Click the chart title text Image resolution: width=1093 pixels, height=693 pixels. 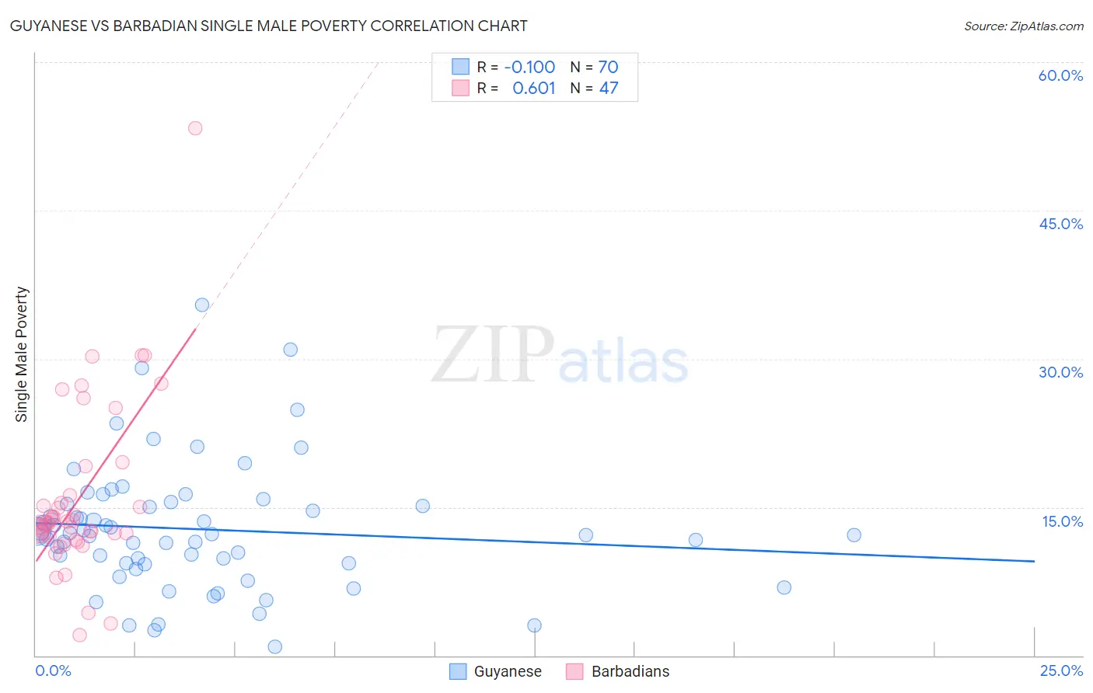268,26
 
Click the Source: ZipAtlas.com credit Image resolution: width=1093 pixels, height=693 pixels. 1023,26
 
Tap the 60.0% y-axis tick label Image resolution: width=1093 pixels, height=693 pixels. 1060,75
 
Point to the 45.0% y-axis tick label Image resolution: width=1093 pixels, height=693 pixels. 1060,224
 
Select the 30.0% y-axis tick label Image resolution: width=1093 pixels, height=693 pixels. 1060,372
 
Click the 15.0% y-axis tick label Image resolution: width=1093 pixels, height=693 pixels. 1062,521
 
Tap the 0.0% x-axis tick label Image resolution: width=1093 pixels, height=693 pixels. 53,670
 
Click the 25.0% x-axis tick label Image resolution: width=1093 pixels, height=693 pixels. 1061,670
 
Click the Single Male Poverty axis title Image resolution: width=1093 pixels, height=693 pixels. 22,354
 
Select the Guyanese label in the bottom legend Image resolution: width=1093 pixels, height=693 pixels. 508,671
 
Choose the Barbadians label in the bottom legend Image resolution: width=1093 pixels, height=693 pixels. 630,671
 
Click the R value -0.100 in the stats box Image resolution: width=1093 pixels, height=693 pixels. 529,68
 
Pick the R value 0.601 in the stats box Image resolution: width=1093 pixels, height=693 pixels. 533,89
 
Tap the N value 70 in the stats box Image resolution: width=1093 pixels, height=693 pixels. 608,68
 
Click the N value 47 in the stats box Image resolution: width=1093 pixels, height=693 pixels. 608,89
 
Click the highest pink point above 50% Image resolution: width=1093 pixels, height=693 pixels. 195,128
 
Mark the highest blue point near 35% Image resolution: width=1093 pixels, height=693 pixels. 202,305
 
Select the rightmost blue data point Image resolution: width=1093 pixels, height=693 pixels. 854,535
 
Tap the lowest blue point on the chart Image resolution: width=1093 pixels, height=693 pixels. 274,646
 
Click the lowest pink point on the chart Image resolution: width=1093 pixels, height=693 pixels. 79,635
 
